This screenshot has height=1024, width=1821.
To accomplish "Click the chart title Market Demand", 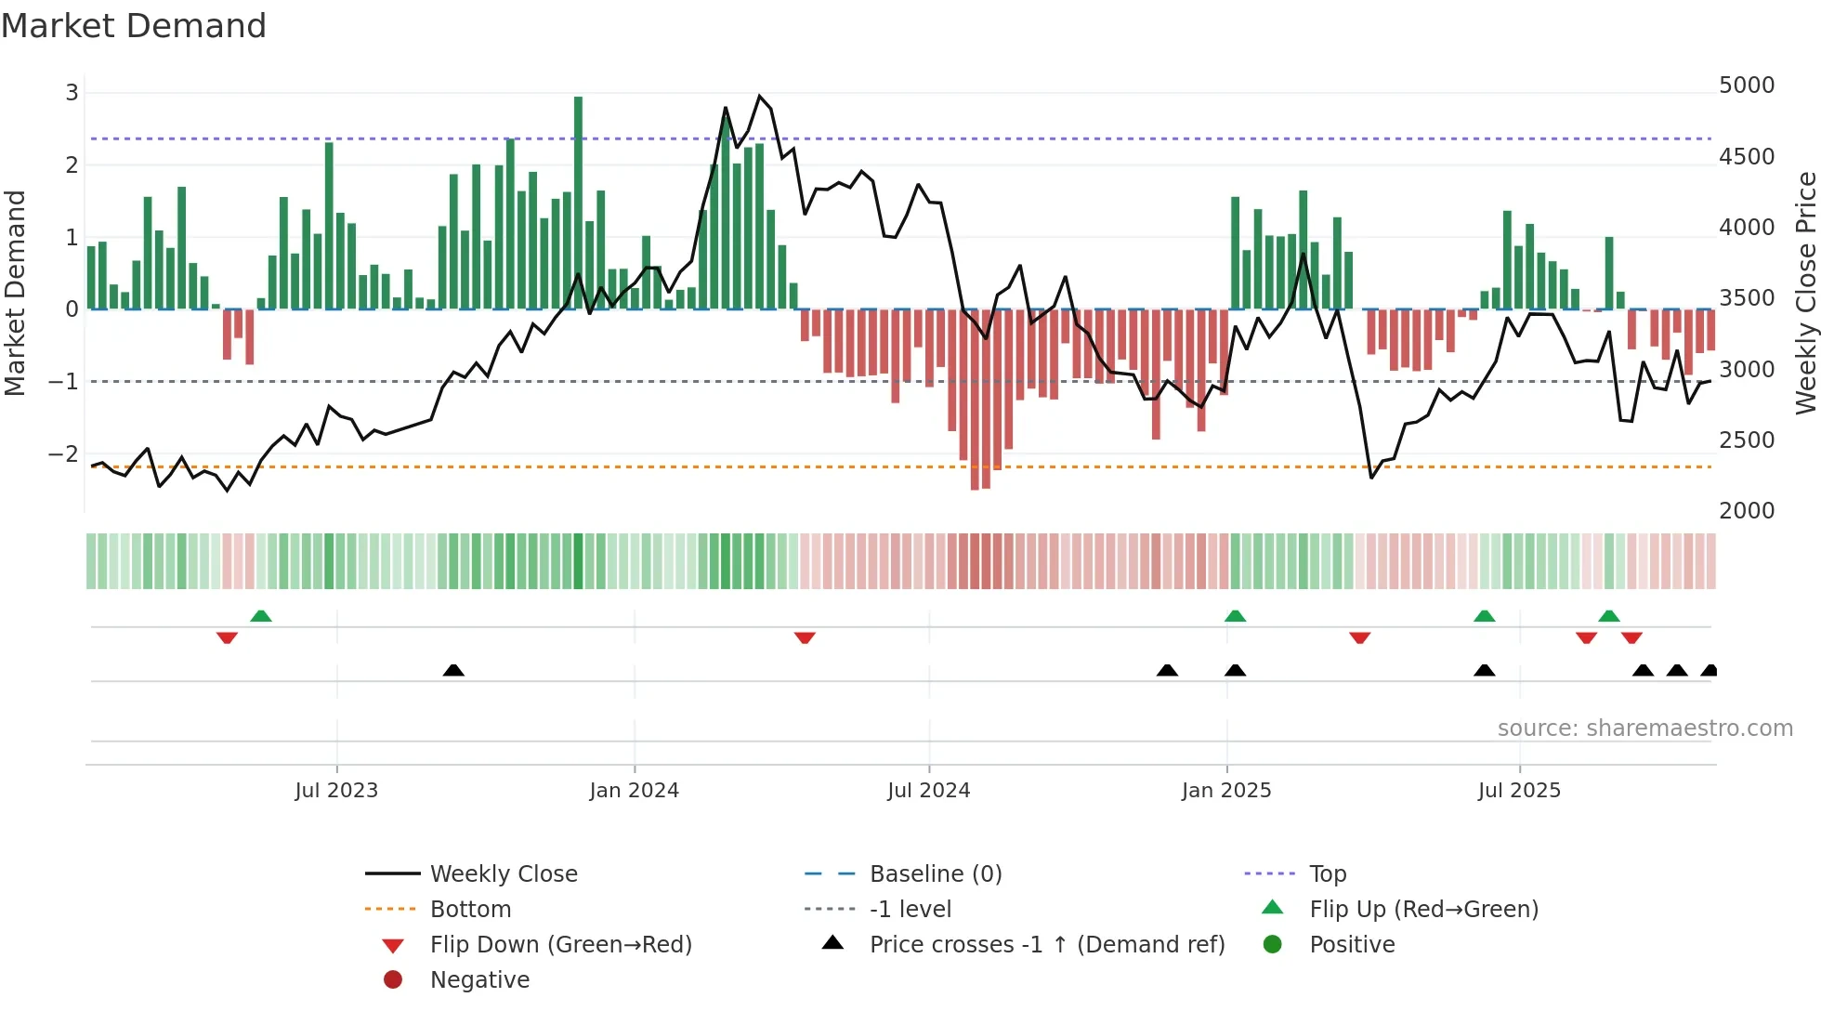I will point(134,26).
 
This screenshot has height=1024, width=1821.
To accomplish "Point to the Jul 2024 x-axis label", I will point(928,791).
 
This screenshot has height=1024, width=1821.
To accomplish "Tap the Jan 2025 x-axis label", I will point(1225,791).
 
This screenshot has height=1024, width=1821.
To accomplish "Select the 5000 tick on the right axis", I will point(1746,85).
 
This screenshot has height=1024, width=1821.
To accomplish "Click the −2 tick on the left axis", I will point(63,454).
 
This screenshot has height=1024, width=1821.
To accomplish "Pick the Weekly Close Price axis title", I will point(1804,293).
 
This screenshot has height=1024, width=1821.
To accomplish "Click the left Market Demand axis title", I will point(15,293).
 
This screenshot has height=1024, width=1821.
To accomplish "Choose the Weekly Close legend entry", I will point(503,874).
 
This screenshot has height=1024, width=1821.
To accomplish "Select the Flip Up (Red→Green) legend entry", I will point(1422,910).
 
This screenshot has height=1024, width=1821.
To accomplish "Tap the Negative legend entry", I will point(478,980).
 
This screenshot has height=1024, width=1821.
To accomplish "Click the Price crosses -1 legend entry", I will point(1046,945).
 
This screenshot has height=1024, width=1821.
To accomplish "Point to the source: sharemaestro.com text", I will point(1644,729).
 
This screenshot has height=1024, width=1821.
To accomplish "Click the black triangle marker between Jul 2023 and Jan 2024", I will point(453,670).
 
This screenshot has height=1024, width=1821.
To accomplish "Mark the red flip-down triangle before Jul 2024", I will point(805,637).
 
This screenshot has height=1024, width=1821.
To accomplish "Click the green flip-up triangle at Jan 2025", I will point(1235,616).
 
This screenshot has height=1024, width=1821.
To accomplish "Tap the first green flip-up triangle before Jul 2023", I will point(261,616).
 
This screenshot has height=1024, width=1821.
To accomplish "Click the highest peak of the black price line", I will point(759,97).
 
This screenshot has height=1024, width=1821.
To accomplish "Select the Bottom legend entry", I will point(469,910).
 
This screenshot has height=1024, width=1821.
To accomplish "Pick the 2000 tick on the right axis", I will point(1746,511).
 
